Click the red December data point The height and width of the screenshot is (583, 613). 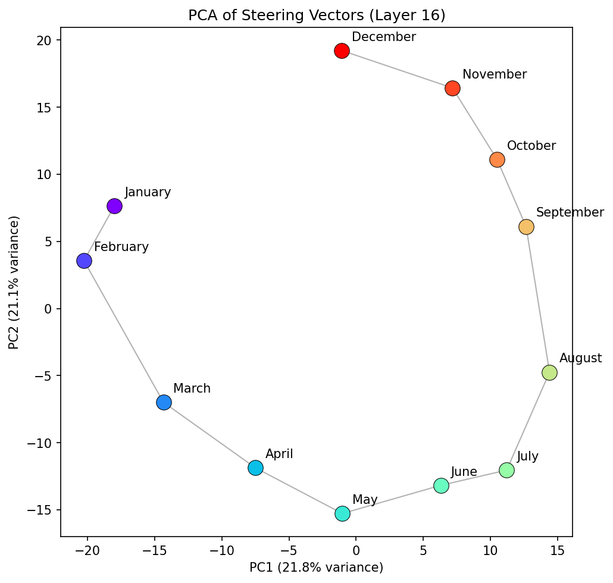point(342,51)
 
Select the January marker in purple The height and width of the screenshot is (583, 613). point(114,206)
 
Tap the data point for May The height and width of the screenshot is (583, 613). point(342,513)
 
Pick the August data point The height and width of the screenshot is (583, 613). point(549,372)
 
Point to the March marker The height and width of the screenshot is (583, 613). point(164,402)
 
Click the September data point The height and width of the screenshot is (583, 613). point(526,227)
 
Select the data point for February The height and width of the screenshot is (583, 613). point(84,261)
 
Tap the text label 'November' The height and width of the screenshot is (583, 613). point(494,74)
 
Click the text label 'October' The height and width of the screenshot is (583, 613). point(531,146)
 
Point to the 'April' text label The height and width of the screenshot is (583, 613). point(279,454)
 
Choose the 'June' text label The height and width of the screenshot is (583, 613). point(464,472)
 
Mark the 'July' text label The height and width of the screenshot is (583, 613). point(527,456)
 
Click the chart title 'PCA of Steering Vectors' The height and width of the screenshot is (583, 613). point(317,15)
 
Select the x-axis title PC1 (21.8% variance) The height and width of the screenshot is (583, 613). point(316,567)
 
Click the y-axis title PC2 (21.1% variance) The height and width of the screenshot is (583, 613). point(14,283)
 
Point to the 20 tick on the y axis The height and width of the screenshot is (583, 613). point(48,40)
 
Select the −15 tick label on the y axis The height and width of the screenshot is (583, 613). point(43,510)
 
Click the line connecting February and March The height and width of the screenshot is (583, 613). point(124,331)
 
